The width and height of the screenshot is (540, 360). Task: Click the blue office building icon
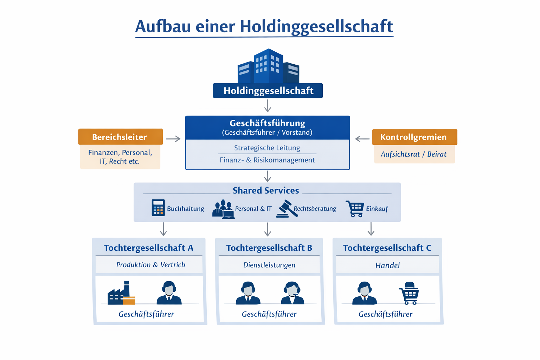tap(268, 66)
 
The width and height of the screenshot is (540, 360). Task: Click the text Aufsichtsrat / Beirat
tap(413, 154)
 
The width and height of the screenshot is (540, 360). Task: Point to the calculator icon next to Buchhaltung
tap(158, 207)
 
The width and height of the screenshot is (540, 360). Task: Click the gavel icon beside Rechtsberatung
tap(287, 209)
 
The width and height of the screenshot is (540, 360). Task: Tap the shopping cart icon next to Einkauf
tap(355, 208)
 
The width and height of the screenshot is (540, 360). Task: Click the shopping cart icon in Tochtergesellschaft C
tap(409, 293)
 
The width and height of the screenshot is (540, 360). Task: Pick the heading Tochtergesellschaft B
tap(269, 248)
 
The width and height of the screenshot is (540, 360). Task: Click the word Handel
tap(387, 265)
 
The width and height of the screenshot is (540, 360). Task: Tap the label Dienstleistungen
tap(269, 265)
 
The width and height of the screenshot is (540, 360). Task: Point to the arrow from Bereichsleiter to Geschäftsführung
tap(173, 139)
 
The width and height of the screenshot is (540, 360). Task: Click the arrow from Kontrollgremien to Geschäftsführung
tap(362, 139)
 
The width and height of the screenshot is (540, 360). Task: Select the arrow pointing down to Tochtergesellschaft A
tap(163, 229)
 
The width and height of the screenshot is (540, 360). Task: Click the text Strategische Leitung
tap(267, 148)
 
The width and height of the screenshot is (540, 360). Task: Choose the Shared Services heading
tap(266, 191)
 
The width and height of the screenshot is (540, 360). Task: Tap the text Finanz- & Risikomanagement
tap(267, 160)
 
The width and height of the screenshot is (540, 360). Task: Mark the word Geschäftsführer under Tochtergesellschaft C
tap(385, 314)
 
